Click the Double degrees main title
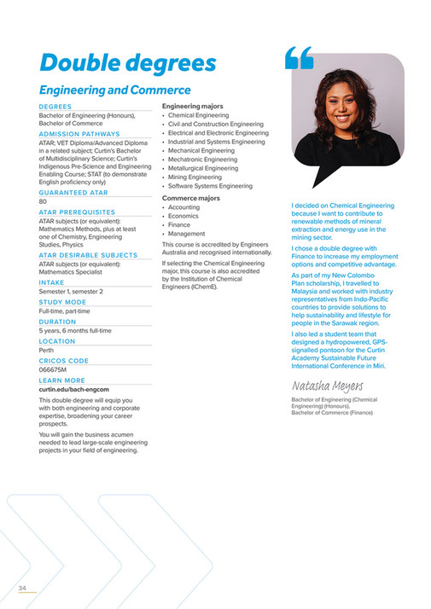[127, 63]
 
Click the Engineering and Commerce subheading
[114, 90]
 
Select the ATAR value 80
[43, 201]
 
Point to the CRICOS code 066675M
[54, 370]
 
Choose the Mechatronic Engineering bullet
[203, 159]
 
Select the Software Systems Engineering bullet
[210, 186]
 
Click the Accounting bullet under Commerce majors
[183, 207]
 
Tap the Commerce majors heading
[190, 198]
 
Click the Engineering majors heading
[193, 106]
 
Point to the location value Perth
[47, 350]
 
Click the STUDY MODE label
[62, 302]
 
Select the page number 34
[23, 588]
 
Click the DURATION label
[58, 322]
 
